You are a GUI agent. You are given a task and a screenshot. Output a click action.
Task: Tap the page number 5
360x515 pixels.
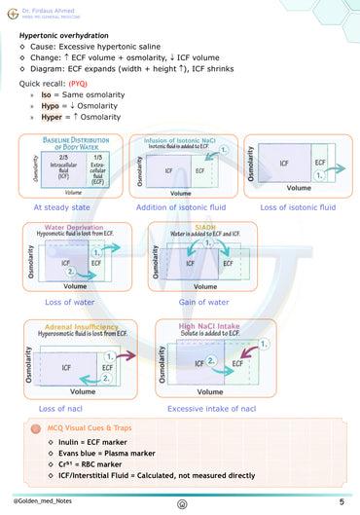tap(342, 500)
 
